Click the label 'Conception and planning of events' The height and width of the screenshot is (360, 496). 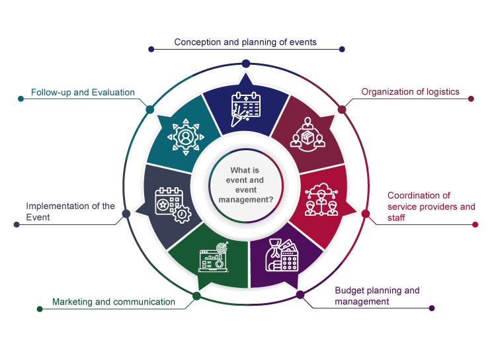coord(245,42)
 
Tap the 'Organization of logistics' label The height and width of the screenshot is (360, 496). coord(410,92)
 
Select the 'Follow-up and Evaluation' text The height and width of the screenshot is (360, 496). coord(83,93)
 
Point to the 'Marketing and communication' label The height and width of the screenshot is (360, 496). coord(114,302)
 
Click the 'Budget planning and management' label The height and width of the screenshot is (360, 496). coord(377,296)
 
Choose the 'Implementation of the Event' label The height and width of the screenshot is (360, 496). coord(70,212)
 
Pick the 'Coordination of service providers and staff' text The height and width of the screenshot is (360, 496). coord(431,206)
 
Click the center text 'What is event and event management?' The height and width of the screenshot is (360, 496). coord(246,185)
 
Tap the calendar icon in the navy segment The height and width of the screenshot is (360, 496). coord(245,109)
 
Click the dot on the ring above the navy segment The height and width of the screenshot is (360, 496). coord(246,63)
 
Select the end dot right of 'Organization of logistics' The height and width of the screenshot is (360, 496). coord(471,99)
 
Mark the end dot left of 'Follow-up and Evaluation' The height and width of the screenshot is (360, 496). coord(19,99)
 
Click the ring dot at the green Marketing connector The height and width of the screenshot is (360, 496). coord(196,296)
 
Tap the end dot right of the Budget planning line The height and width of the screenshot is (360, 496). coord(432,308)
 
